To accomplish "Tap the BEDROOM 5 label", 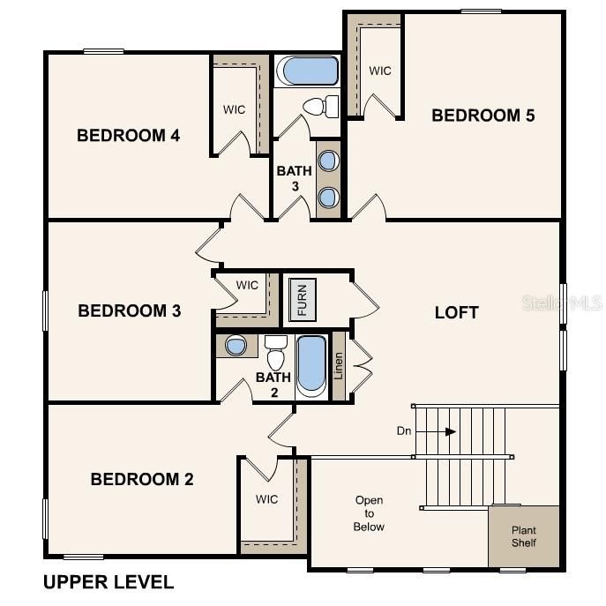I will click(483, 115).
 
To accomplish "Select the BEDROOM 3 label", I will click(129, 310).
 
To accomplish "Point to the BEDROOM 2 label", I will click(142, 479).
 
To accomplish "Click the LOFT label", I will click(457, 312).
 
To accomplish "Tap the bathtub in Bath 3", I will click(306, 71).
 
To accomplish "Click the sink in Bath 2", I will click(236, 346).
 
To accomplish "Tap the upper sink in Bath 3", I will click(328, 161).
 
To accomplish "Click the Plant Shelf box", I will click(524, 536).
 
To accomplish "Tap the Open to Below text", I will click(370, 513).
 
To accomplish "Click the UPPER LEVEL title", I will click(108, 582).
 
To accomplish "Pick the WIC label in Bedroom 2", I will click(267, 499).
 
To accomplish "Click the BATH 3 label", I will click(294, 178).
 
